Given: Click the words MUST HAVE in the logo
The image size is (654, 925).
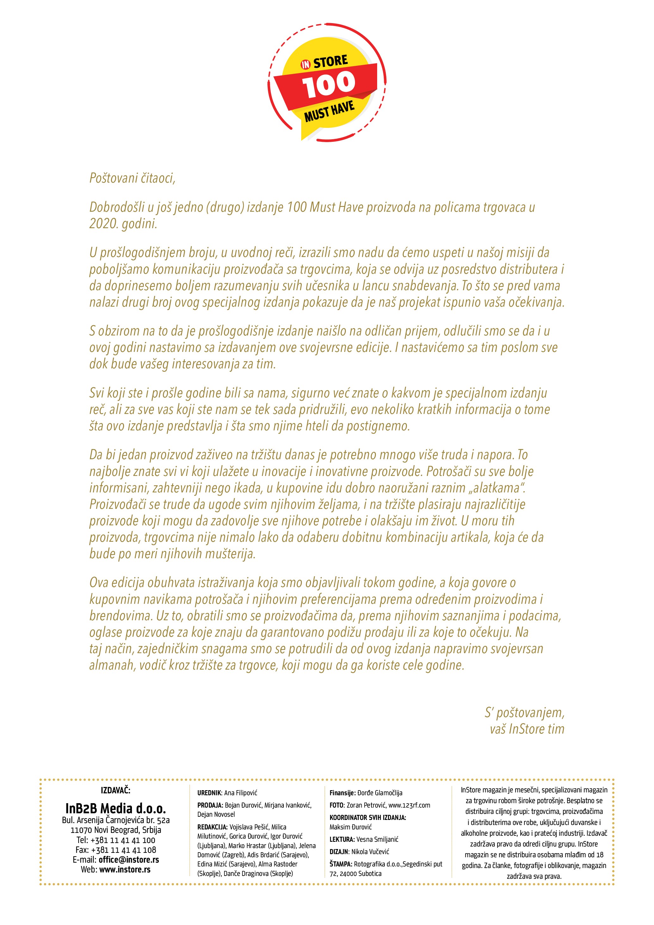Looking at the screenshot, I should tap(329, 112).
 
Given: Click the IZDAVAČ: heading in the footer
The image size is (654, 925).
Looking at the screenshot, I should tap(115, 791).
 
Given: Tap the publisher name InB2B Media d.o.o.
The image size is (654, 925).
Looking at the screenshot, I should tap(115, 808).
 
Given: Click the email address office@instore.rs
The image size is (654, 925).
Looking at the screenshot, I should tap(129, 860).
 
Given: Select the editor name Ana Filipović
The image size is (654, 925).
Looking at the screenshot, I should tap(240, 793).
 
